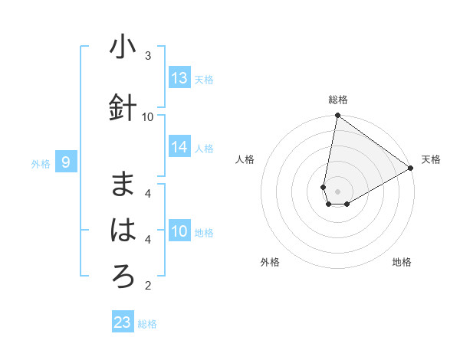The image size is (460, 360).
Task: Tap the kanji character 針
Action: (123, 107)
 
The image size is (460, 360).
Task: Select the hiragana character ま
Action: (123, 185)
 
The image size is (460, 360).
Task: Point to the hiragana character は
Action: (123, 231)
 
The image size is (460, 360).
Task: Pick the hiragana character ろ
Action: (123, 277)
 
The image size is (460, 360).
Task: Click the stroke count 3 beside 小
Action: (148, 56)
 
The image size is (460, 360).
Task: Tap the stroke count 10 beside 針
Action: (148, 116)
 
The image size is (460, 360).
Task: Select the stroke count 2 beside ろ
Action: (148, 286)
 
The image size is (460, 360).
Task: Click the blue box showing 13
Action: (179, 78)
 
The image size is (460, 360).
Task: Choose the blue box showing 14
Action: (179, 147)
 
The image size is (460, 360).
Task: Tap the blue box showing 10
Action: (179, 231)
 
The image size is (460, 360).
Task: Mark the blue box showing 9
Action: (66, 162)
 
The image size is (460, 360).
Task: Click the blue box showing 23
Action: (123, 322)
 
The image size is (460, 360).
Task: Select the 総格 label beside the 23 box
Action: (147, 324)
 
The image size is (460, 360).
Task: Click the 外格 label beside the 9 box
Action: (41, 163)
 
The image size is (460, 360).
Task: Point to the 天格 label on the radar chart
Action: (431, 159)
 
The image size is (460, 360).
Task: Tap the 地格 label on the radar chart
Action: (402, 262)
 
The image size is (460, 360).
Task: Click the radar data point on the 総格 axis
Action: (337, 116)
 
